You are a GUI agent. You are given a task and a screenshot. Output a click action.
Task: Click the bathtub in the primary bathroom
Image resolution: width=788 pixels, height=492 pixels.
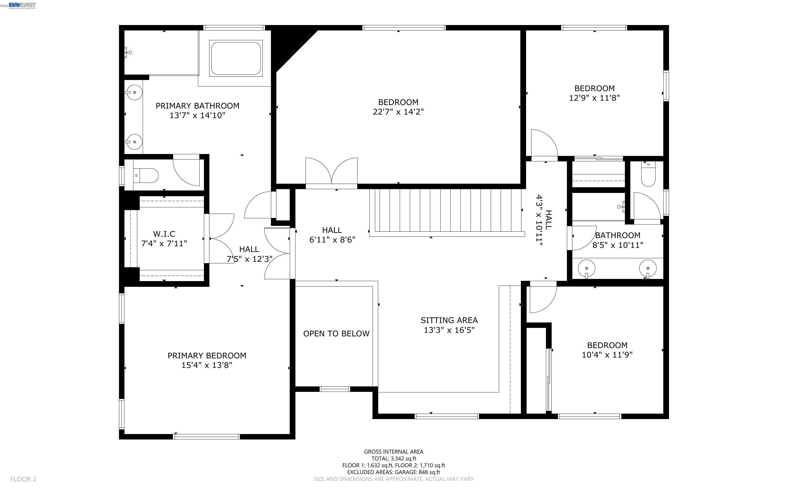point(236,58)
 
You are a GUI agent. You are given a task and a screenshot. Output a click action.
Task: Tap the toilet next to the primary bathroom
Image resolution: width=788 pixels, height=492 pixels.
point(146,176)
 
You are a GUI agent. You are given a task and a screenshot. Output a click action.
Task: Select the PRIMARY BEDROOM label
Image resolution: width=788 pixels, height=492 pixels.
point(207,356)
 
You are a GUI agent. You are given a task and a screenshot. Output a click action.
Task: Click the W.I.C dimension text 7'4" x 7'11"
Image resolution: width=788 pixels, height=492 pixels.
point(164,243)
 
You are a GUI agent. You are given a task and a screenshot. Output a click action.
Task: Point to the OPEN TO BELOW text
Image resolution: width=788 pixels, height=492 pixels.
point(336,334)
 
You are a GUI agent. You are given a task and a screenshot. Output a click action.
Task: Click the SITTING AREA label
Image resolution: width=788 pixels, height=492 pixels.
point(449,320)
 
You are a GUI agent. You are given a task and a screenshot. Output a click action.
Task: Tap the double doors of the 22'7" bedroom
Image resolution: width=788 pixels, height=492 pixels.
point(331,173)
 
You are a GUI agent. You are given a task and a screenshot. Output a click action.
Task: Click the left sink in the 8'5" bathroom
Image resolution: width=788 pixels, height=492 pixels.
point(587,269)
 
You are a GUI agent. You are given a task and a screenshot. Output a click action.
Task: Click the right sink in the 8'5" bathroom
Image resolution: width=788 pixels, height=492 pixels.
point(648,269)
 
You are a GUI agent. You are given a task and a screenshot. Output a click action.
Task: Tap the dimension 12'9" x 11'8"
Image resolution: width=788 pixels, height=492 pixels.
point(594,98)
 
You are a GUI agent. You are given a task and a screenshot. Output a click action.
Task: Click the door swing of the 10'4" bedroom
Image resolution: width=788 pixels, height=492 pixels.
point(542,299)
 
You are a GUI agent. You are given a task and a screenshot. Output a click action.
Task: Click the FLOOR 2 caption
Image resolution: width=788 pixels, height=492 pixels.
point(23,479)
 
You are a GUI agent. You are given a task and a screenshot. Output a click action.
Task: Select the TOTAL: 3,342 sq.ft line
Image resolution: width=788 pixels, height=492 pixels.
point(393,459)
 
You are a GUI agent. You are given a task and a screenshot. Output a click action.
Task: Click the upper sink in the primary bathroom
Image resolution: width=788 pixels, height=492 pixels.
point(134,93)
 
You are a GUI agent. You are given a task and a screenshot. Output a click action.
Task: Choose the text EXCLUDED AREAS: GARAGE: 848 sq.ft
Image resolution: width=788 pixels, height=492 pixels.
point(393,472)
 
